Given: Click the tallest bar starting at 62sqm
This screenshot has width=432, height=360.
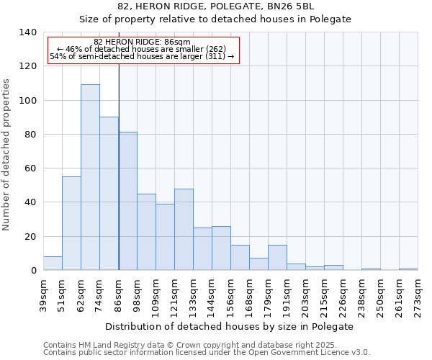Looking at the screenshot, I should (90, 177).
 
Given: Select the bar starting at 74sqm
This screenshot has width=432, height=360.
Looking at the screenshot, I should (109, 194).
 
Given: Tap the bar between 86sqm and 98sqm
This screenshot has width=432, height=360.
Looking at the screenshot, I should (127, 201).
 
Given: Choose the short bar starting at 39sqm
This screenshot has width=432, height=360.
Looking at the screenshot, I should (53, 264).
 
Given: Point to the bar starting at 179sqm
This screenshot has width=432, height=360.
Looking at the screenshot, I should (277, 258).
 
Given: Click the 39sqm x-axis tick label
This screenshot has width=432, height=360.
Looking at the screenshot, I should (44, 294).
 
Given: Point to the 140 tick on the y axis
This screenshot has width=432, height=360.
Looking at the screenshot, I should (28, 32).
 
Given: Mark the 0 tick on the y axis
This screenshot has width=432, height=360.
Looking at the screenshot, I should (34, 271).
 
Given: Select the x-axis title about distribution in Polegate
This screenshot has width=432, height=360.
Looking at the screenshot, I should (229, 326).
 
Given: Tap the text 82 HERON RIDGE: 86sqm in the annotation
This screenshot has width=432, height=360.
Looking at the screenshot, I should (142, 42).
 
